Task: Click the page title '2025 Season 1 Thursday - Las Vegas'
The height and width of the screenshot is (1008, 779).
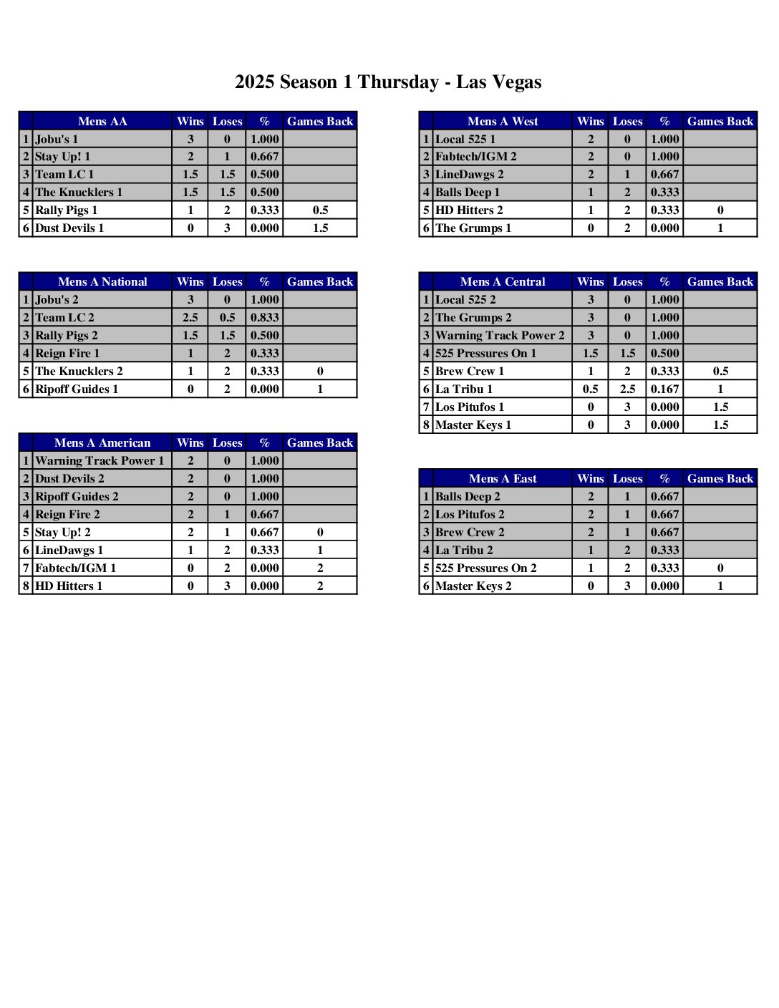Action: point(388,82)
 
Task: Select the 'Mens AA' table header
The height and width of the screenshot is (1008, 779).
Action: point(102,121)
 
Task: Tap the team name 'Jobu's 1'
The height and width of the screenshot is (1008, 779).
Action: point(57,139)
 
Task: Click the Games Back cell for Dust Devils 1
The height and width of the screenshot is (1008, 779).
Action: point(320,228)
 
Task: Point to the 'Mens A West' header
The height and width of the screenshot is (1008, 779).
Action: point(503,121)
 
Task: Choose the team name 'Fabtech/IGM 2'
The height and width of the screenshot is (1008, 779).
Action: point(476,156)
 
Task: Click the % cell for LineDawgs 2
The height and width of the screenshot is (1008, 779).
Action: point(664,174)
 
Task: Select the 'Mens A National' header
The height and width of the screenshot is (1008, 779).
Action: point(102,281)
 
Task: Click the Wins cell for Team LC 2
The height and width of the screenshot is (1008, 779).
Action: point(190,317)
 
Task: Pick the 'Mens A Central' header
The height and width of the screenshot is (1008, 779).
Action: point(503,281)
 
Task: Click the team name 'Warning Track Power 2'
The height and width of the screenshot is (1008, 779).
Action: point(500,335)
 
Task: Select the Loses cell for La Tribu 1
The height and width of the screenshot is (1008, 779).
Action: point(627,389)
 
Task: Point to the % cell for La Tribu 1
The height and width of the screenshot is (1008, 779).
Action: point(664,389)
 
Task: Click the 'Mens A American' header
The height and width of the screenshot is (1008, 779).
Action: point(102,442)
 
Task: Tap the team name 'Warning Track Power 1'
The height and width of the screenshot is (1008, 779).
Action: point(100,460)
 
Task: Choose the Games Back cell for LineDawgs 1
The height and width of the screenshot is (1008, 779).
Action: point(320,550)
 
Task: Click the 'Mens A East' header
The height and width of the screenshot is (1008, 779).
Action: point(503,478)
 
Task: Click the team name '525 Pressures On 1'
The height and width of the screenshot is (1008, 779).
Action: point(485,353)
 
